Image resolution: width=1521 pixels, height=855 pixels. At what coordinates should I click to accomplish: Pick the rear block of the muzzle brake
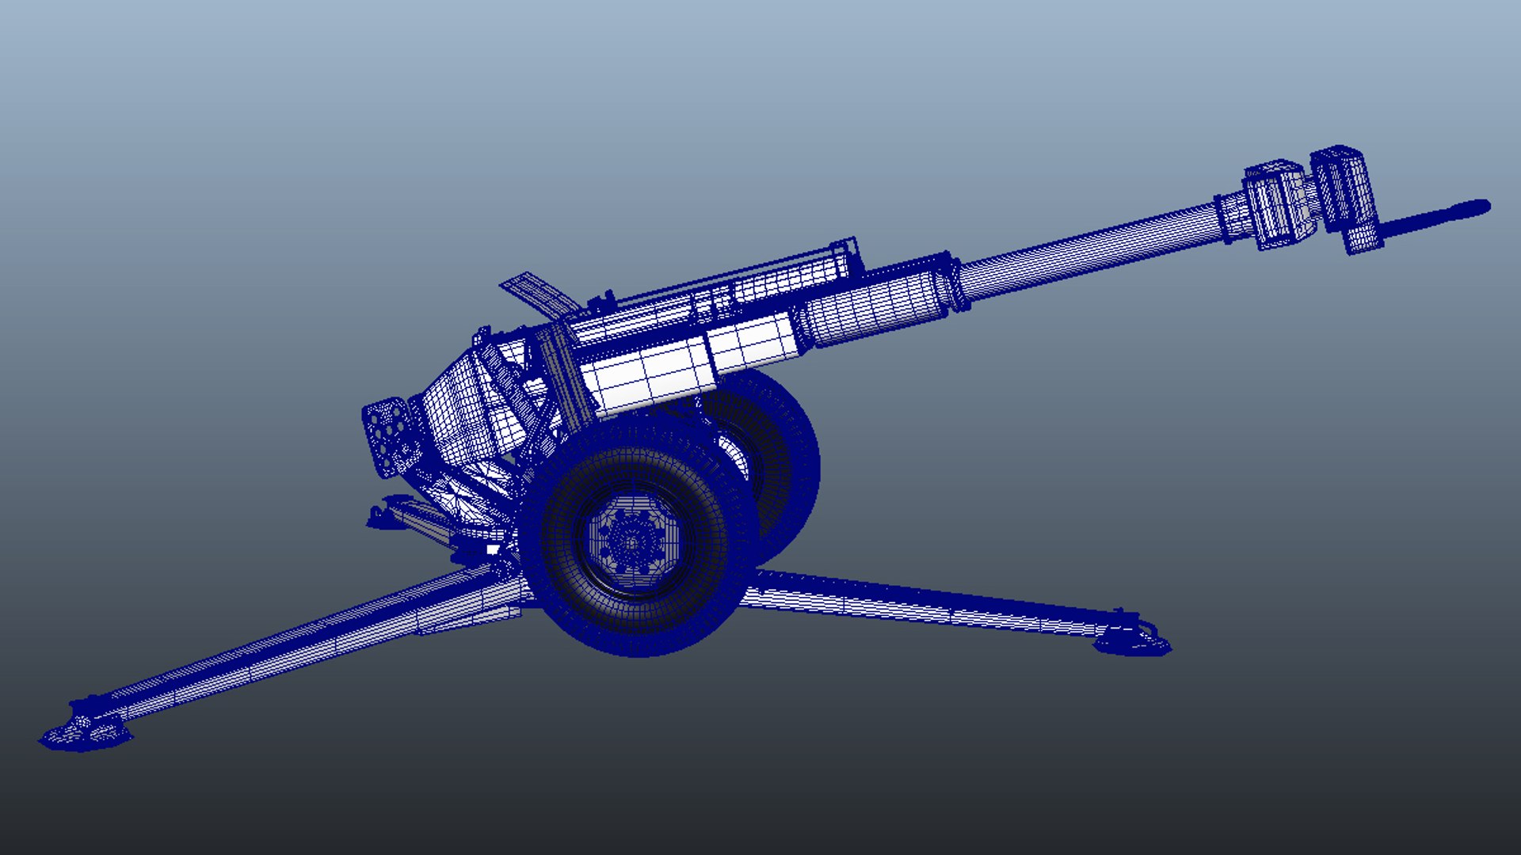(x=1277, y=204)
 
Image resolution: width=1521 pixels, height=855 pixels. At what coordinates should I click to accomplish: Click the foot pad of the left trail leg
(x=83, y=732)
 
